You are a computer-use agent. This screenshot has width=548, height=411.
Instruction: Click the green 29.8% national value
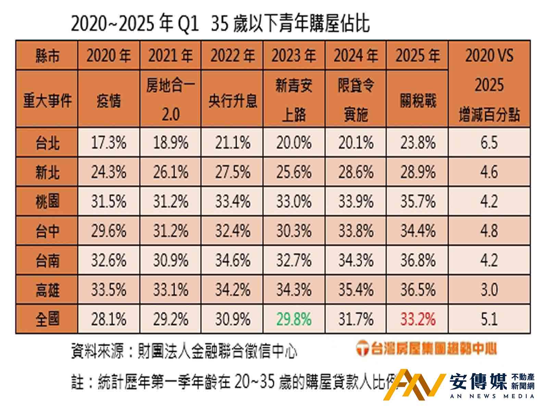tap(294, 319)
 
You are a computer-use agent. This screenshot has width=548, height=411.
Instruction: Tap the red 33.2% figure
tap(418, 319)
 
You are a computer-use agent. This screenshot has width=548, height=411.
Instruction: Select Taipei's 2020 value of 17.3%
tap(109, 142)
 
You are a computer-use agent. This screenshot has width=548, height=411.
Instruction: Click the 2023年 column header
tap(294, 55)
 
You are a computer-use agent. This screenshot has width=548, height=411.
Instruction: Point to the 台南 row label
tap(47, 261)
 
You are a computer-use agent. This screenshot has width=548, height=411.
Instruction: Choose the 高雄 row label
tap(47, 290)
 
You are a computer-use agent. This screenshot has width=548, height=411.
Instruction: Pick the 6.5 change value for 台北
tap(489, 142)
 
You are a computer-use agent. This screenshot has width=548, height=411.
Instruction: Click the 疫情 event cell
tap(109, 101)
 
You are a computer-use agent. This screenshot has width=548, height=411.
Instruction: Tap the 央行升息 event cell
tap(233, 101)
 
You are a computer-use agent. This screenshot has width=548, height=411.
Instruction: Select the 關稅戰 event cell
tap(418, 101)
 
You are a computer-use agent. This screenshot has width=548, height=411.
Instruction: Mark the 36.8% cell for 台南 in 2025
tap(418, 261)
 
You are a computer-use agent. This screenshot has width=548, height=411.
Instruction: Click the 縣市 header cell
tap(47, 55)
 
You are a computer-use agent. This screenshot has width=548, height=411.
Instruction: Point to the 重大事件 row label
tap(47, 101)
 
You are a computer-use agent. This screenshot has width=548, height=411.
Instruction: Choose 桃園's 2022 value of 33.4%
tap(233, 201)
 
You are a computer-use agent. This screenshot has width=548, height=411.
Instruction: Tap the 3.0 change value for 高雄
tap(489, 290)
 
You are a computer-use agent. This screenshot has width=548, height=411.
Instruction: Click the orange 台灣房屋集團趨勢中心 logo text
tap(426, 349)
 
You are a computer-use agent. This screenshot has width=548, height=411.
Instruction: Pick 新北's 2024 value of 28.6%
tap(356, 172)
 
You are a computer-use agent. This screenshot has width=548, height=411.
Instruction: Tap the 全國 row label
tap(47, 319)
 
